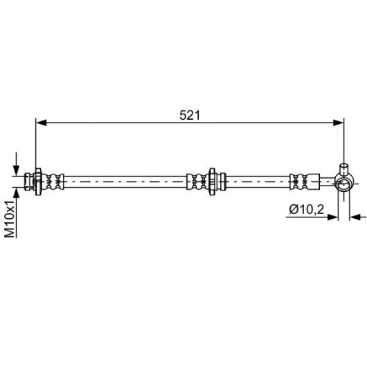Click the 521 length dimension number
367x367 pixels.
pyautogui.click(x=190, y=116)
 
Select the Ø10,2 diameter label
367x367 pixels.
pyautogui.click(x=306, y=209)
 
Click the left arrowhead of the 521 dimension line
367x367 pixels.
pyautogui.click(x=42, y=123)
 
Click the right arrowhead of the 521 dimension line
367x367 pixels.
pyautogui.click(x=339, y=123)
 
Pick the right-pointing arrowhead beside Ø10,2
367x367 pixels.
pyautogui.click(x=332, y=217)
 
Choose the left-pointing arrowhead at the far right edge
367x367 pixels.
pyautogui.click(x=355, y=217)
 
